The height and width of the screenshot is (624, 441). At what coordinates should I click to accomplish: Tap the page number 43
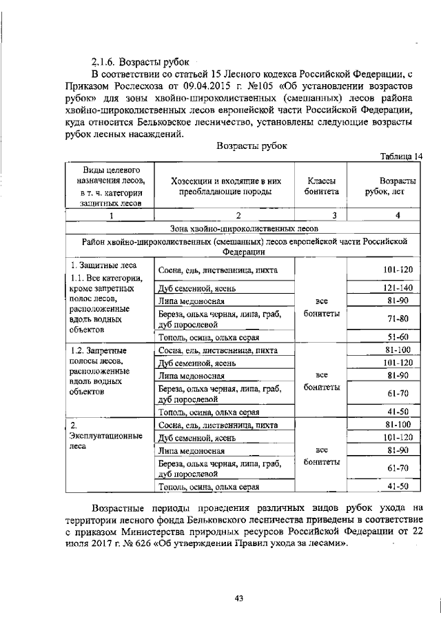[x=239, y=598]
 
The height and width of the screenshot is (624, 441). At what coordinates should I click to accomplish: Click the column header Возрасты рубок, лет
[x=390, y=186]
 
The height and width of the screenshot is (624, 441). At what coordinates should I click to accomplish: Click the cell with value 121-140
[x=398, y=287]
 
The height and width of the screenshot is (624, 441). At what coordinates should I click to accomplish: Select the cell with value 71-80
[x=398, y=319]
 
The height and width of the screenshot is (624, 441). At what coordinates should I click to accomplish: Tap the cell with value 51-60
[x=398, y=337]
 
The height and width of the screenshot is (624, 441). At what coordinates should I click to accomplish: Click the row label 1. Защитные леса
[x=103, y=265]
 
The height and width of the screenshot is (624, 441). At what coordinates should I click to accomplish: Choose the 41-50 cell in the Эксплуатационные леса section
[x=398, y=486]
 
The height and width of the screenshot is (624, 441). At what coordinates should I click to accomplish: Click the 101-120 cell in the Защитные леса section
[x=398, y=270]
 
